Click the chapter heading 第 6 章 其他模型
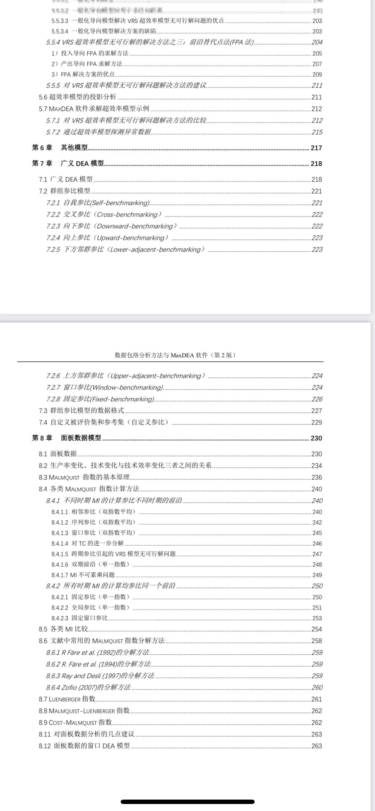click(x=60, y=148)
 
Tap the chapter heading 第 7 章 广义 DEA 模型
click(x=68, y=163)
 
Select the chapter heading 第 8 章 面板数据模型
click(x=67, y=438)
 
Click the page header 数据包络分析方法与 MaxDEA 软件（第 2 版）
click(x=175, y=355)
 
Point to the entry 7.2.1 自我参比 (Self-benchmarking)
click(x=98, y=203)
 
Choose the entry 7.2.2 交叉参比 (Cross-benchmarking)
click(x=104, y=214)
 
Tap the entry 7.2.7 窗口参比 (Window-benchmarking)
click(x=105, y=387)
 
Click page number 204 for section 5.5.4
click(x=317, y=42)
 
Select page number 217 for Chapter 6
click(x=316, y=148)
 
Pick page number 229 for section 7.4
click(x=316, y=422)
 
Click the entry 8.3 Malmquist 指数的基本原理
click(x=84, y=477)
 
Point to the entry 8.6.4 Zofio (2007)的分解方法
click(x=88, y=687)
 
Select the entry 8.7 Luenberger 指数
click(x=67, y=699)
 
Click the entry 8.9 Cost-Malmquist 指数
click(x=75, y=722)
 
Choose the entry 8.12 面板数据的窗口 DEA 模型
click(x=84, y=745)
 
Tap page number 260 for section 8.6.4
click(x=317, y=687)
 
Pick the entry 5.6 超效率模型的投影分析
click(x=77, y=97)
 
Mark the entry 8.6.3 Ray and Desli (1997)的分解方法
click(x=100, y=676)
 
